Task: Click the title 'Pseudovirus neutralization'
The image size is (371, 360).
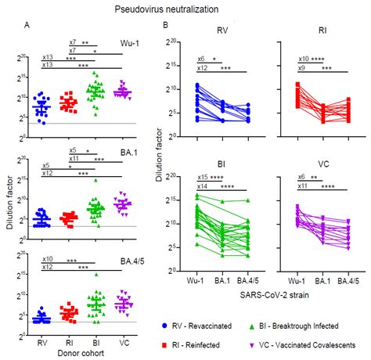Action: tap(185, 9)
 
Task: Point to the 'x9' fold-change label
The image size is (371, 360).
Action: tap(301, 69)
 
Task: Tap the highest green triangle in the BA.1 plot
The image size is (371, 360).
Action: tap(95, 180)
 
